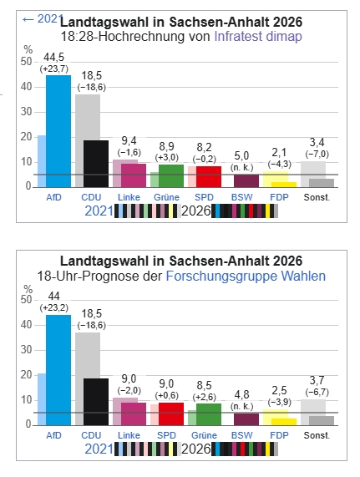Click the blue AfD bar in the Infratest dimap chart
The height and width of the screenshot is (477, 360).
coord(58,131)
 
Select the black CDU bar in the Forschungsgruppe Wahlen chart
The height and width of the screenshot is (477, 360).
coord(96,402)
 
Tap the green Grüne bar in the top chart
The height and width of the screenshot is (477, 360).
coord(171,175)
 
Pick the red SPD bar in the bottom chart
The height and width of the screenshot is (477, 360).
coord(171,414)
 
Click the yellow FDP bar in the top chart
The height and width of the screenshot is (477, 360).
coord(284,185)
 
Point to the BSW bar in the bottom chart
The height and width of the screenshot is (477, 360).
coord(246,419)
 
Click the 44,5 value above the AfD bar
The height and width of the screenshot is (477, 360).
coord(53,57)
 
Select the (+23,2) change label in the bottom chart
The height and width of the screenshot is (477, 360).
coord(54,308)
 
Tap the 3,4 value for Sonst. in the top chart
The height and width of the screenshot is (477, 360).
coord(317,142)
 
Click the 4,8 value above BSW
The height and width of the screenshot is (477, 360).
coord(241,394)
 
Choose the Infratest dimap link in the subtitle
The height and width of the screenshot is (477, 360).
coord(258,36)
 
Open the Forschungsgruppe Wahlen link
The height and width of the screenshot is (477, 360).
coord(246,276)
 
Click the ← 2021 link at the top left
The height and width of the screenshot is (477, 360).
coord(43,19)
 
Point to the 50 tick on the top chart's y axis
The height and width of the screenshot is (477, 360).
coord(26,62)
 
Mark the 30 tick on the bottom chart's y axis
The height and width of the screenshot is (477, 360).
coord(26,350)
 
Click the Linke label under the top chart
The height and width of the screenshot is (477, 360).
coord(129,197)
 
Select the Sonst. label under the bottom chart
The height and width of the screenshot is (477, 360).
coord(317,435)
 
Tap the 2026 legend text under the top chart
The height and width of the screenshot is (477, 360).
coord(196,211)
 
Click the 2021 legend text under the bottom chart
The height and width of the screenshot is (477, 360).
coord(99,449)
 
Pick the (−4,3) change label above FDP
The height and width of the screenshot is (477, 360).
coord(280,165)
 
